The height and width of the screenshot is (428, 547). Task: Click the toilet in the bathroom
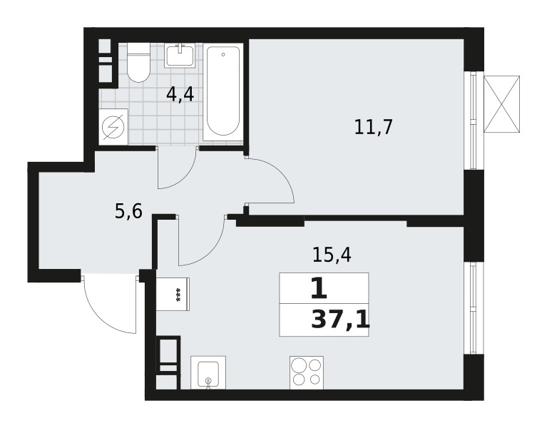pyautogui.click(x=138, y=63)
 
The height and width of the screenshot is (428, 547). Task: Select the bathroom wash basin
pyautogui.click(x=180, y=55)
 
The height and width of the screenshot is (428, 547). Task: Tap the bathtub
pyautogui.click(x=223, y=92)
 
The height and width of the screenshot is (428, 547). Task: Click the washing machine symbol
pyautogui.click(x=113, y=126)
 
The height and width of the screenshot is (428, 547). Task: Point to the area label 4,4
pyautogui.click(x=180, y=95)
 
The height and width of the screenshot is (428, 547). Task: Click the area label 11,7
pyautogui.click(x=373, y=127)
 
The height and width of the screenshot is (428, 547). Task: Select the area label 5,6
pyautogui.click(x=128, y=211)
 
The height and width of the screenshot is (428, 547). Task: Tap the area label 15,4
pyautogui.click(x=332, y=255)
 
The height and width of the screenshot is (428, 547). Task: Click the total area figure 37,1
pyautogui.click(x=340, y=320)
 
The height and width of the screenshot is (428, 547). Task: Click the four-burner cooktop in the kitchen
pyautogui.click(x=307, y=372)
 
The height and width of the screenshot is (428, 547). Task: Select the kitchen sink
pyautogui.click(x=208, y=372)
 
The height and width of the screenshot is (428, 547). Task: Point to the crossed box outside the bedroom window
pyautogui.click(x=501, y=104)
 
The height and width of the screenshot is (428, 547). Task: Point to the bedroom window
pyautogui.click(x=474, y=121)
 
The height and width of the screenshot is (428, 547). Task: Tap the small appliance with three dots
pyautogui.click(x=173, y=294)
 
